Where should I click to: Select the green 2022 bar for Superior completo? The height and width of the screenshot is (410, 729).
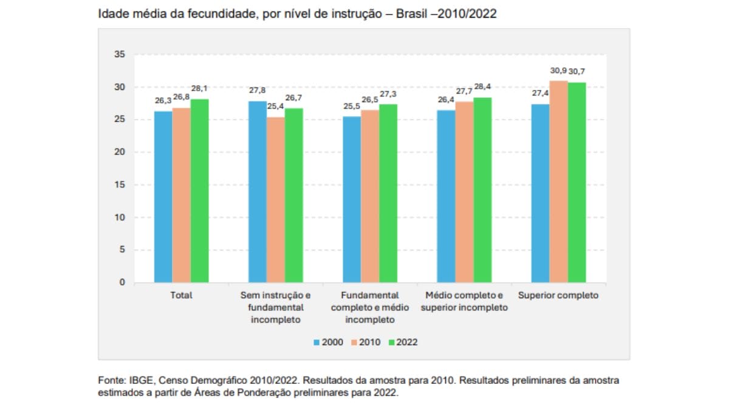click(577, 182)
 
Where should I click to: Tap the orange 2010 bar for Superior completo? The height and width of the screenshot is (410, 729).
click(559, 182)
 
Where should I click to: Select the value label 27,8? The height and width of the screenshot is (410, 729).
click(257, 91)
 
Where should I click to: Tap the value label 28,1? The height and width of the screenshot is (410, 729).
click(199, 89)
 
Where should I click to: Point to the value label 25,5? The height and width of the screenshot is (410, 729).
click(352, 106)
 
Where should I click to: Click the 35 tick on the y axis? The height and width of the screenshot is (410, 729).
click(120, 55)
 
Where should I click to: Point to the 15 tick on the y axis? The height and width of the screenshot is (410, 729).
click(120, 185)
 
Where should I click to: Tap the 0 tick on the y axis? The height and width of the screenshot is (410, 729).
click(122, 282)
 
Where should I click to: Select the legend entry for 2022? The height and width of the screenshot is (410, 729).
click(403, 343)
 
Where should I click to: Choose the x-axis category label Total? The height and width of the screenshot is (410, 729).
click(181, 295)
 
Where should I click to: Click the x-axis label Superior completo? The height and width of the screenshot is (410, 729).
click(558, 295)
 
